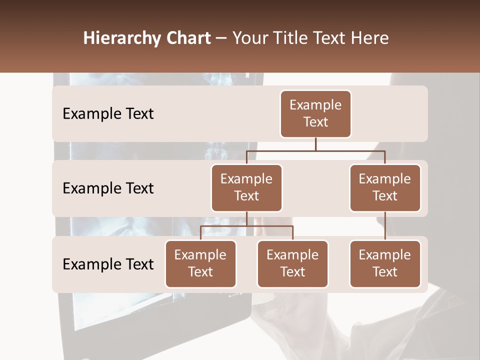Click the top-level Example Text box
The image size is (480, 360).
pyautogui.click(x=315, y=113)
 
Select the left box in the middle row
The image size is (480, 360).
pyautogui.click(x=246, y=187)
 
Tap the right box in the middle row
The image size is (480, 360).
pyautogui.click(x=385, y=187)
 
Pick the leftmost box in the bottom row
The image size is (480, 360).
pyautogui.click(x=200, y=263)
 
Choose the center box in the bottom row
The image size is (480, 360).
pyautogui.click(x=292, y=263)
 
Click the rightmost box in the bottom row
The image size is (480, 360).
pyautogui.click(x=385, y=263)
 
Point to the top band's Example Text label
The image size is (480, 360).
pyautogui.click(x=108, y=114)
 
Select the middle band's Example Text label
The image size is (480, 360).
pyautogui.click(x=108, y=188)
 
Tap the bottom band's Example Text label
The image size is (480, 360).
pyautogui.click(x=108, y=264)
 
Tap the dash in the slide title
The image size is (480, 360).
pyautogui.click(x=221, y=38)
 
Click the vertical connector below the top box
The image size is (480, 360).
pyautogui.click(x=315, y=143)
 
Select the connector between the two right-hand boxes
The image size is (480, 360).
pyautogui.click(x=385, y=226)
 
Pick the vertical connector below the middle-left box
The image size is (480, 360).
pyautogui.click(x=246, y=218)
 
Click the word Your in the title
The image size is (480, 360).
pyautogui.click(x=250, y=38)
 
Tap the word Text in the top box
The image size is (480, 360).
pyautogui.click(x=315, y=122)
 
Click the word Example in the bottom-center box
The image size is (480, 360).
pyautogui.click(x=292, y=255)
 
